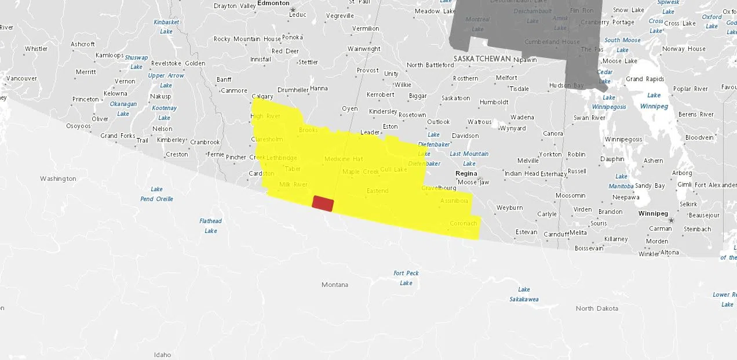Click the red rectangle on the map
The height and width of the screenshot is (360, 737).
pyautogui.click(x=323, y=203)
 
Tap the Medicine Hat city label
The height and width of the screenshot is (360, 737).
pyautogui.click(x=344, y=159)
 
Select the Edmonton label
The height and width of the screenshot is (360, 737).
pyautogui.click(x=273, y=3)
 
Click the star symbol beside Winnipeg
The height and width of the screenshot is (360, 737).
pyautogui.click(x=672, y=220)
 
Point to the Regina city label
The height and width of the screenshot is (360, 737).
pyautogui.click(x=466, y=173)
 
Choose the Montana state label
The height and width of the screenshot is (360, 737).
pyautogui.click(x=335, y=285)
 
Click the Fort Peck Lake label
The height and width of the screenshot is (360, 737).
pyautogui.click(x=406, y=278)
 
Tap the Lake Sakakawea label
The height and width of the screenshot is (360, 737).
pyautogui.click(x=524, y=294)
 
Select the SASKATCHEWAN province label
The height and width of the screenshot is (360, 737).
pyautogui.click(x=482, y=59)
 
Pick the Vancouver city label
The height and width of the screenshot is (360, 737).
pyautogui.click(x=21, y=78)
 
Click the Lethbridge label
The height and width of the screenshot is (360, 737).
pyautogui.click(x=282, y=158)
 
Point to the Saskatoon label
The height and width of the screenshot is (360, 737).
pyautogui.click(x=456, y=98)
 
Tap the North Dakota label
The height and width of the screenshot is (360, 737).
pyautogui.click(x=597, y=308)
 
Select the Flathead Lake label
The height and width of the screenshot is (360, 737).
pyautogui.click(x=210, y=226)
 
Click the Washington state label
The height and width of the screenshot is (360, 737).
pyautogui.click(x=58, y=179)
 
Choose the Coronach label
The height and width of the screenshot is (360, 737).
pyautogui.click(x=463, y=223)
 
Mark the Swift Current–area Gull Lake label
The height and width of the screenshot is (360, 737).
pyautogui.click(x=394, y=169)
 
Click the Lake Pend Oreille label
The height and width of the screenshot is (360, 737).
pyautogui.click(x=156, y=194)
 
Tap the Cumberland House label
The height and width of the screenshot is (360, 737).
pyautogui.click(x=552, y=42)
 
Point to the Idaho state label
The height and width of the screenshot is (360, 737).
pyautogui.click(x=162, y=355)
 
